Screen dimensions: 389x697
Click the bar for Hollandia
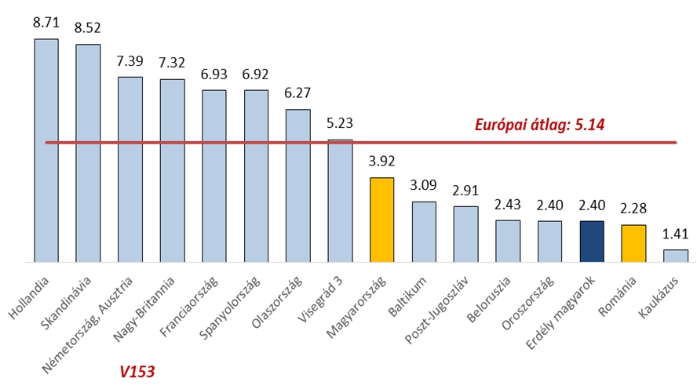46,149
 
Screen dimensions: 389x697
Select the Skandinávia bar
88,152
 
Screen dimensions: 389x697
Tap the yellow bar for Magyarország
381,219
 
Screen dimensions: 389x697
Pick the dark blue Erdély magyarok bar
592,241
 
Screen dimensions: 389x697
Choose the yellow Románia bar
633,242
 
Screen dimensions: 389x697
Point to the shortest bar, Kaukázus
675,255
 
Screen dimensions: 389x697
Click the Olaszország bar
297,184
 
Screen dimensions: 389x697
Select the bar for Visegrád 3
340,200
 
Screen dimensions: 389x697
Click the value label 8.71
46,24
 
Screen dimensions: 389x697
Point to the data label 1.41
675,234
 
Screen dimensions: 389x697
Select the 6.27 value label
297,93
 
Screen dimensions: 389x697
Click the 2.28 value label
633,209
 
